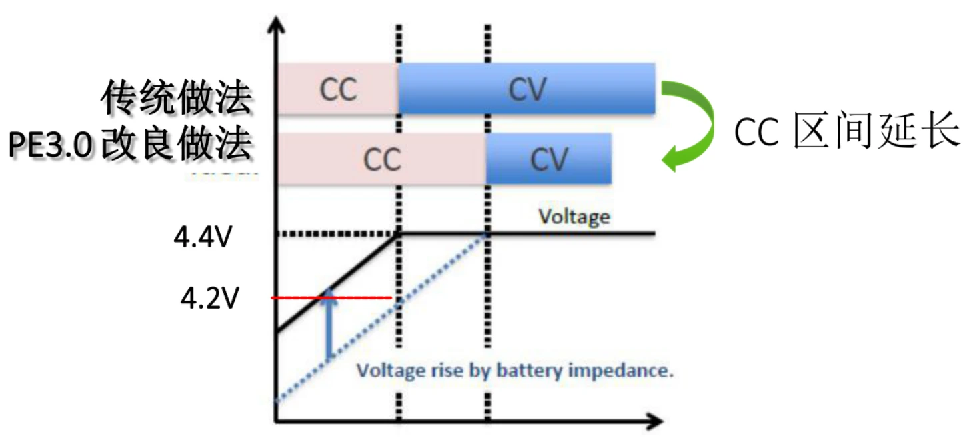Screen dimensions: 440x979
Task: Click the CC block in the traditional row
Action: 338,89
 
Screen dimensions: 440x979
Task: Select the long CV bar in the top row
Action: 527,89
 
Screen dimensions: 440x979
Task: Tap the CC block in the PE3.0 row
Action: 381,159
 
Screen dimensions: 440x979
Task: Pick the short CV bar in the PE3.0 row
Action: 548,159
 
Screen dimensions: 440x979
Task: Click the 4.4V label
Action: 201,237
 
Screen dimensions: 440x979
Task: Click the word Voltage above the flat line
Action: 574,217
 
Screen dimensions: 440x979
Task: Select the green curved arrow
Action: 694,123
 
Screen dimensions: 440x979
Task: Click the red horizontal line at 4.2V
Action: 360,297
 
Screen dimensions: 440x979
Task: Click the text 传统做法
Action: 177,99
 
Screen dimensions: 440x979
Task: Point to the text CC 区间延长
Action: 847,132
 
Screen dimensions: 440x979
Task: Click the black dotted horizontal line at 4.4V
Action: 333,233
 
